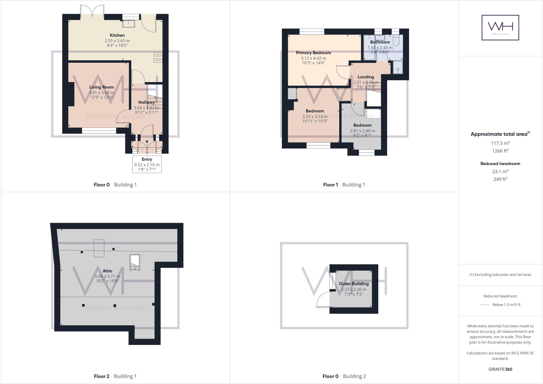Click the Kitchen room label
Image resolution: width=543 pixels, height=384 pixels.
(117, 35)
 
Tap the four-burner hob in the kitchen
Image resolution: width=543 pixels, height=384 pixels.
(158, 58)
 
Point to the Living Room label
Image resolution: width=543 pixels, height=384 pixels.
(101, 87)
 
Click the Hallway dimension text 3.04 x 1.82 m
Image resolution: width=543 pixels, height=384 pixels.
(146, 108)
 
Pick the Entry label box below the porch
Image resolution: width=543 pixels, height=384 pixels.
(147, 164)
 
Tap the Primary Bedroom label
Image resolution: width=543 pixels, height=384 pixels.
(313, 53)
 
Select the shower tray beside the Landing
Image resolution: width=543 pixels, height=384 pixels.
(398, 67)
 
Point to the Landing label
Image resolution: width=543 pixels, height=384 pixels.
(366, 77)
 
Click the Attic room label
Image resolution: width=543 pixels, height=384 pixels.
(107, 271)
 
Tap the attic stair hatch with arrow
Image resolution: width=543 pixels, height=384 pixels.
(135, 263)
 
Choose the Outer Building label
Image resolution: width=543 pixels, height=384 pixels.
(354, 284)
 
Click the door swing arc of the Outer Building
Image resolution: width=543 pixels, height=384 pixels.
(322, 299)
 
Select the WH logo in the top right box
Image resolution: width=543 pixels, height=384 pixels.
(500, 28)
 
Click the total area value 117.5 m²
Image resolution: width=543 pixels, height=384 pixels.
(500, 143)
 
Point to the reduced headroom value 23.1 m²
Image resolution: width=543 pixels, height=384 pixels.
(500, 172)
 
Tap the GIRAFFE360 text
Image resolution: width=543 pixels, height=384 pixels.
(500, 369)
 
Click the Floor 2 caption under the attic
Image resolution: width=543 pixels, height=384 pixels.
(102, 376)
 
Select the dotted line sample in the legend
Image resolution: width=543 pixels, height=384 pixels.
(485, 305)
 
